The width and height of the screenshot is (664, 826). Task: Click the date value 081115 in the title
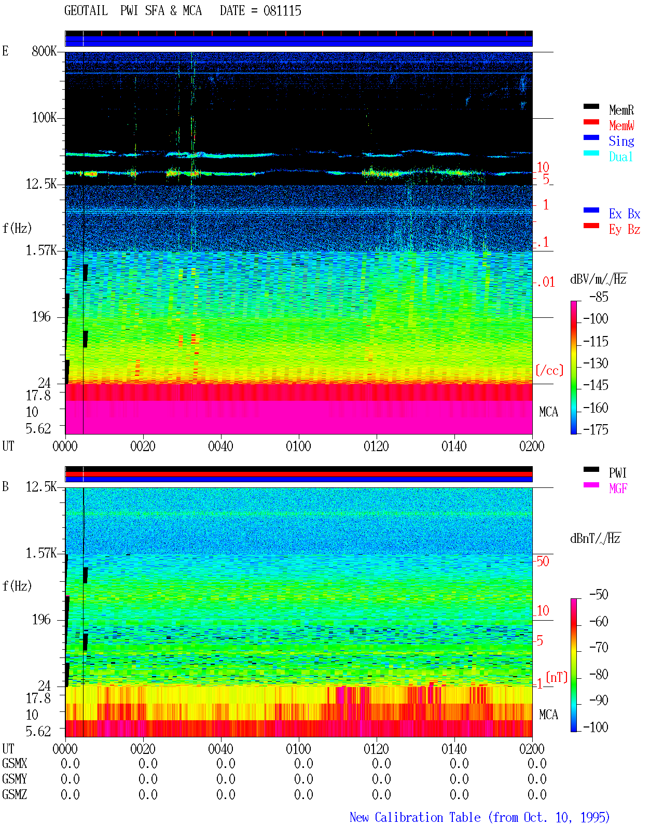[x=282, y=11]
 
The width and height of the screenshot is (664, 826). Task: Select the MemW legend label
[x=621, y=125]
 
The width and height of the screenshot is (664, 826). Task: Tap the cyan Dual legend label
[x=620, y=157]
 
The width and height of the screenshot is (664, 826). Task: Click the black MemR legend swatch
[x=591, y=107]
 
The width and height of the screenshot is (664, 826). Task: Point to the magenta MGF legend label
[x=618, y=488]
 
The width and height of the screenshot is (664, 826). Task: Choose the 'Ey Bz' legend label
[x=625, y=229]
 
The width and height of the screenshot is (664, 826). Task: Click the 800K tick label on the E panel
[x=44, y=51]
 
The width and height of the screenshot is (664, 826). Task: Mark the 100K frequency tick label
[x=44, y=118]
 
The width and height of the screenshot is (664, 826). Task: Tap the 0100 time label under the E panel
[x=298, y=446]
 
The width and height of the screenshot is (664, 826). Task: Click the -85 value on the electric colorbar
[x=599, y=297]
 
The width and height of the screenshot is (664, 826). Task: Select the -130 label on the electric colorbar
[x=596, y=363]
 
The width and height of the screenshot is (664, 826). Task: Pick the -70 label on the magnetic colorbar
[x=599, y=647]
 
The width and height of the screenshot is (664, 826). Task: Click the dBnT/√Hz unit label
[x=595, y=538]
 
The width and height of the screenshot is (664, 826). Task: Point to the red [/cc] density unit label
[x=549, y=370]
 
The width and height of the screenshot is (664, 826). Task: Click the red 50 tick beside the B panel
[x=543, y=562]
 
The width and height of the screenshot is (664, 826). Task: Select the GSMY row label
[x=15, y=779]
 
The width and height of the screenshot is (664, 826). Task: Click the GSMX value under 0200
[x=537, y=763]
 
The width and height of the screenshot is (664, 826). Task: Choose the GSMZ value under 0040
[x=226, y=794]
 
